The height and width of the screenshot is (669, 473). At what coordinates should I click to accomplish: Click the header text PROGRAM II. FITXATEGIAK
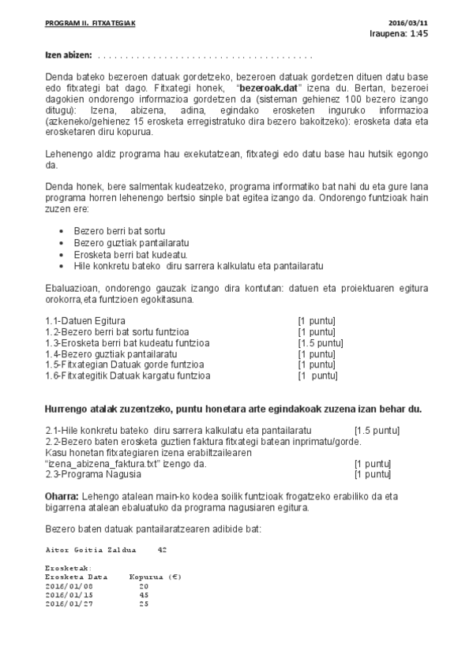point(90,24)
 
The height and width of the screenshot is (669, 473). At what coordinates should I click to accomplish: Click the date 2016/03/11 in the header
point(408,24)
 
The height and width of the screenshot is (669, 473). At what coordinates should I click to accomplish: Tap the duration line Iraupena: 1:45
point(399,35)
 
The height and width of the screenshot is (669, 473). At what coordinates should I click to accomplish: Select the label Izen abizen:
point(68,56)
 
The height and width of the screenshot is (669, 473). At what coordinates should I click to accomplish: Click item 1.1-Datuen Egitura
point(85,320)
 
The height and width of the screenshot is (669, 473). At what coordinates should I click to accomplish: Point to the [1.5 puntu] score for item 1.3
point(320,342)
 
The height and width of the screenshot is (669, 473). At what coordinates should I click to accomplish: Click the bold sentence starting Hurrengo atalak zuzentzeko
point(233,409)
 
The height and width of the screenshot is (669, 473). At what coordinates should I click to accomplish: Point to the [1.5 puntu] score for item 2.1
point(377,430)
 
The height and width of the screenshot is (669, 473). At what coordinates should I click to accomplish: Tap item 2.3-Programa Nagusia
point(93,474)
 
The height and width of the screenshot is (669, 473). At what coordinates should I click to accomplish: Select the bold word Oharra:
point(62,496)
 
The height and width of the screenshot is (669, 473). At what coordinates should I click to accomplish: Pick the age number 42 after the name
point(162,549)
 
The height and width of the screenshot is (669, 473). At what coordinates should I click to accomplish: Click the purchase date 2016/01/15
point(69,595)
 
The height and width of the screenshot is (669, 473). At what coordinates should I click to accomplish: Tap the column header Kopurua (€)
point(155,577)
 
